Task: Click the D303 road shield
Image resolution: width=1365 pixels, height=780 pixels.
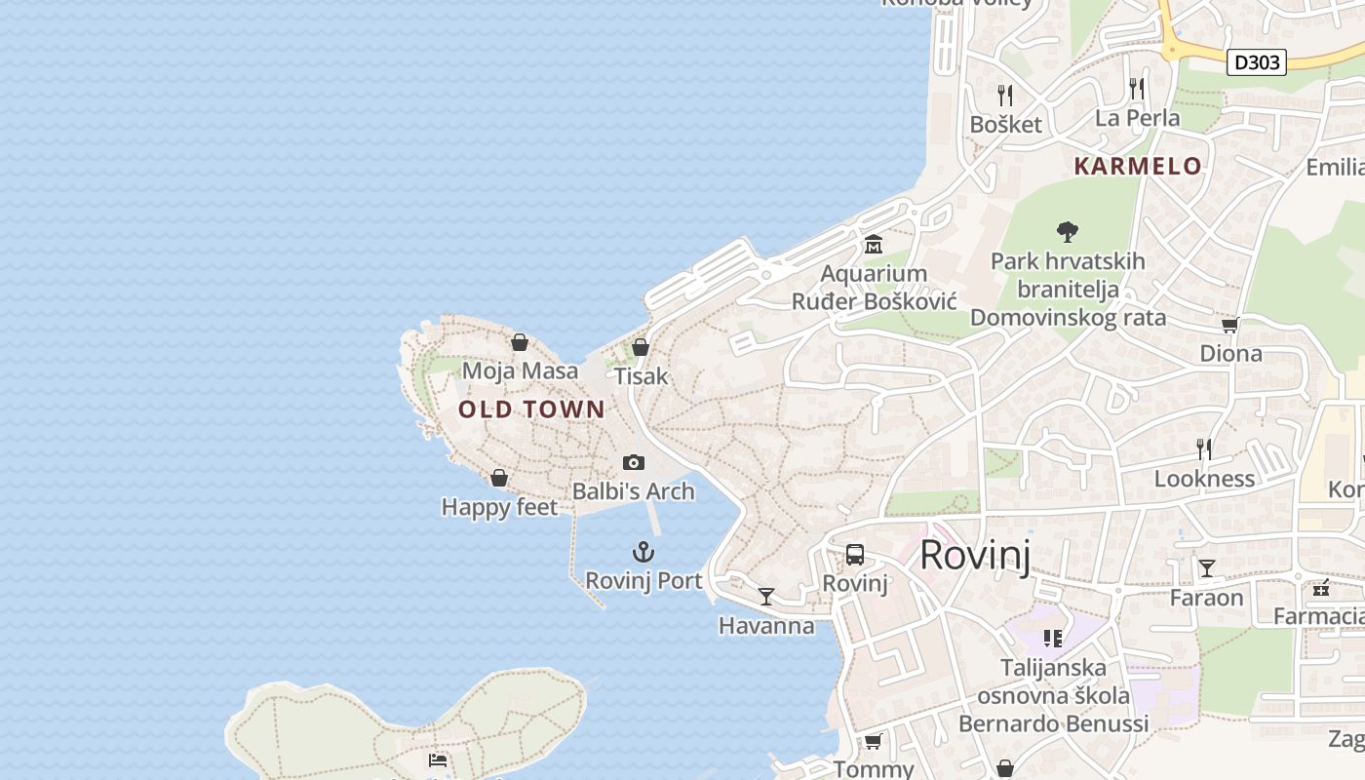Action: (x=1256, y=62)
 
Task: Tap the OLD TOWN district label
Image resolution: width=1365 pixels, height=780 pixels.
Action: (x=532, y=409)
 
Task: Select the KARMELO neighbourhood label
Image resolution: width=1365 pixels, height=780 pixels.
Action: (x=1138, y=167)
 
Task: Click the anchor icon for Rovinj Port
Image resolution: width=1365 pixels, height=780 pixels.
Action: (x=643, y=553)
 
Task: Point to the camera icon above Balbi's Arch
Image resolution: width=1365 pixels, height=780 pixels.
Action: (x=634, y=462)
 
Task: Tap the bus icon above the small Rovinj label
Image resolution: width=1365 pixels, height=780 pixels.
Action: (x=855, y=555)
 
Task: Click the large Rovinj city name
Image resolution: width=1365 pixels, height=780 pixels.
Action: (x=975, y=555)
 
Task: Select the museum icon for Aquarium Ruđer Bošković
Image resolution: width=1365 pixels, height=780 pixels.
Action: (x=873, y=244)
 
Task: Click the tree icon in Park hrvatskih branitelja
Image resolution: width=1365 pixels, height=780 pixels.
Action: (x=1068, y=232)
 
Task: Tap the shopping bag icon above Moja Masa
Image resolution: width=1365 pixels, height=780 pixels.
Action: (x=520, y=342)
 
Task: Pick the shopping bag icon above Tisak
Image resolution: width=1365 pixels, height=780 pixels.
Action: (x=641, y=347)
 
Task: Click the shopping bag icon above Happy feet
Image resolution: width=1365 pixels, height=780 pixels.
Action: (x=499, y=478)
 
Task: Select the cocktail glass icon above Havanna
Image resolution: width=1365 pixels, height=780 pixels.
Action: (x=766, y=596)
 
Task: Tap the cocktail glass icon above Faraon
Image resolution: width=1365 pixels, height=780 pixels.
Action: (x=1207, y=567)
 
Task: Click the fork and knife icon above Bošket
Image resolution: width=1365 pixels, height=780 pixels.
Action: (x=1006, y=95)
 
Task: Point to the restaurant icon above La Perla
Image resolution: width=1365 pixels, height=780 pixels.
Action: (x=1137, y=89)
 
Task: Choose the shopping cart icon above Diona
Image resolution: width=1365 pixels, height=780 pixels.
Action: (x=1230, y=325)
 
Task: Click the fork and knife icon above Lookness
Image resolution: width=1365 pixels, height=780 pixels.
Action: (x=1204, y=448)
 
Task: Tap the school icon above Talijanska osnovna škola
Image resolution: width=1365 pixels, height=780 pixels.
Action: (x=1053, y=639)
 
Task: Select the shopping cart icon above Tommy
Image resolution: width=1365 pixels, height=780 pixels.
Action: (x=874, y=741)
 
